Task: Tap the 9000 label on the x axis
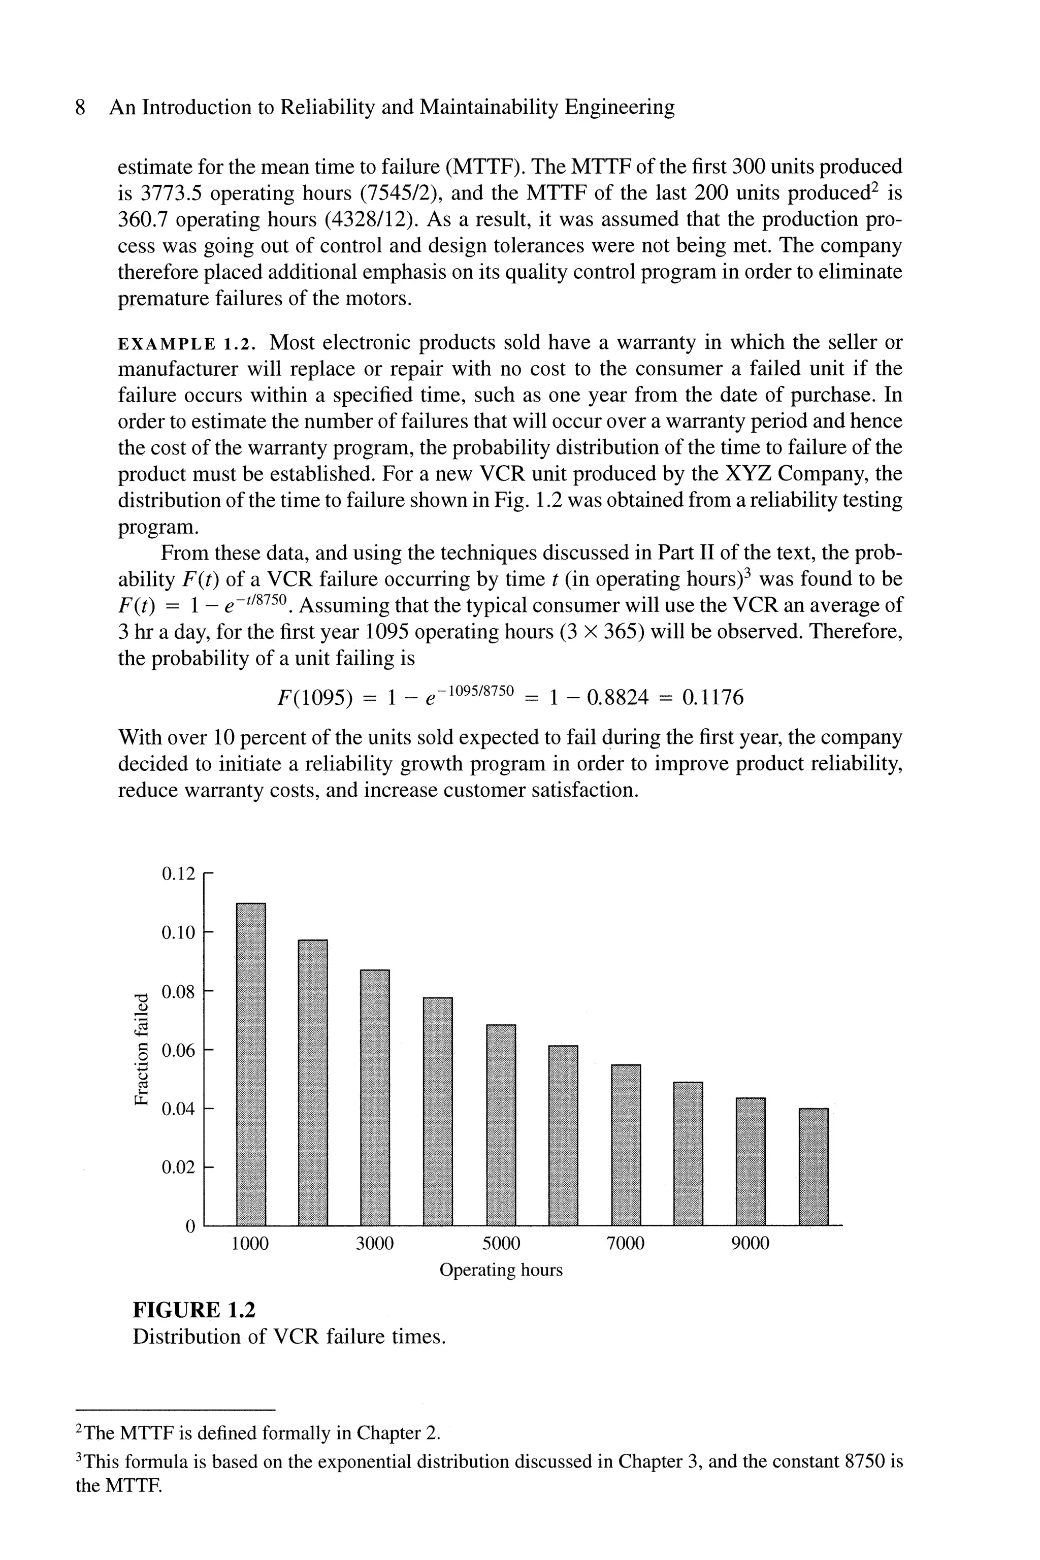(x=750, y=1243)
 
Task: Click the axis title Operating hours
(x=501, y=1270)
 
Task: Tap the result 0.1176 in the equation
(x=712, y=698)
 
